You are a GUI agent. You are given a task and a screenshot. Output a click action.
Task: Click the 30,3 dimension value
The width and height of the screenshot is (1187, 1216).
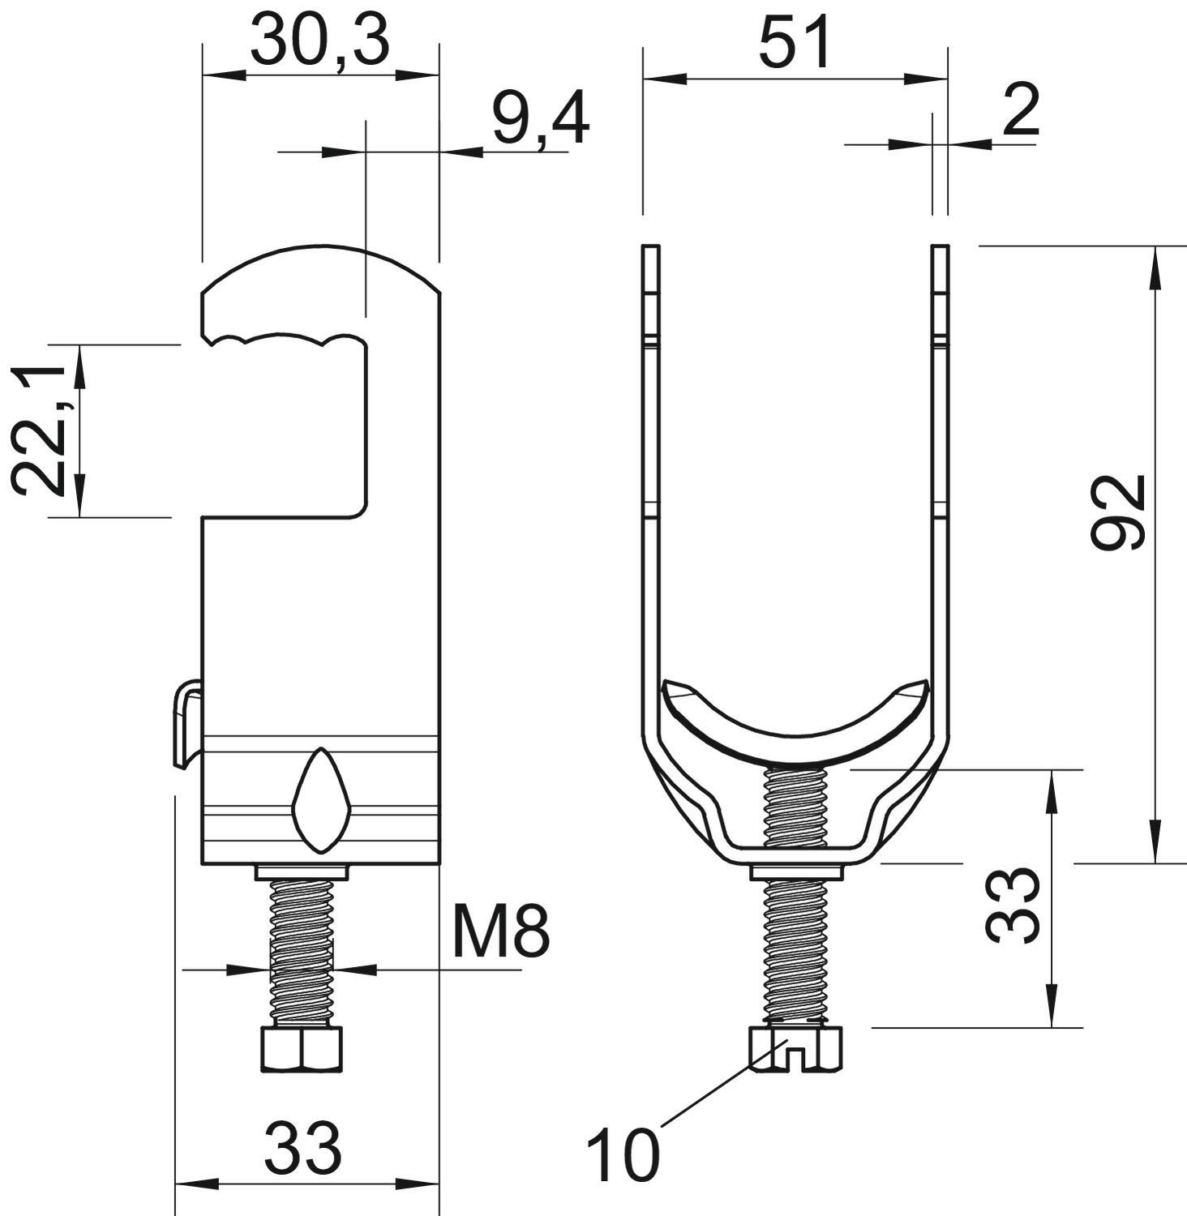click(320, 42)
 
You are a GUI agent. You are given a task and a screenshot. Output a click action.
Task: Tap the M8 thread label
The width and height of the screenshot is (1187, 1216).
click(501, 931)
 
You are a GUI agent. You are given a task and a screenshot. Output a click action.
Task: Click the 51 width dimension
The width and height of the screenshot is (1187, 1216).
click(795, 44)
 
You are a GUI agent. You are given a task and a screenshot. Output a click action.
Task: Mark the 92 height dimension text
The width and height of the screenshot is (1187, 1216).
click(1119, 512)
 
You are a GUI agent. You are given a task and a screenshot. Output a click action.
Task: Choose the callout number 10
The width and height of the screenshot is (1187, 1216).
click(623, 1156)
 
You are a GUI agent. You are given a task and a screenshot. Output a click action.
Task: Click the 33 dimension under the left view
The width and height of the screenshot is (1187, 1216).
click(303, 1148)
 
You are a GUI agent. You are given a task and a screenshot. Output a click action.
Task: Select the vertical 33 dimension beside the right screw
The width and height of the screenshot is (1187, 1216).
click(1013, 906)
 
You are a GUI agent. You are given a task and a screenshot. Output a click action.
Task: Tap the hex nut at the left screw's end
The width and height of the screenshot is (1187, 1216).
click(302, 1049)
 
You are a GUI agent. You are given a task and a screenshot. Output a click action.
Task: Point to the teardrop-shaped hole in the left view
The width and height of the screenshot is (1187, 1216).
click(322, 800)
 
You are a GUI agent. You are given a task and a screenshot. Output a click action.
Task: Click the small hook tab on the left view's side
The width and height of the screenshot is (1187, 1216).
click(186, 722)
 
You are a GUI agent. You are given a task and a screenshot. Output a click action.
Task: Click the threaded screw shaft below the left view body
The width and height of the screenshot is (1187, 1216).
click(302, 953)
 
